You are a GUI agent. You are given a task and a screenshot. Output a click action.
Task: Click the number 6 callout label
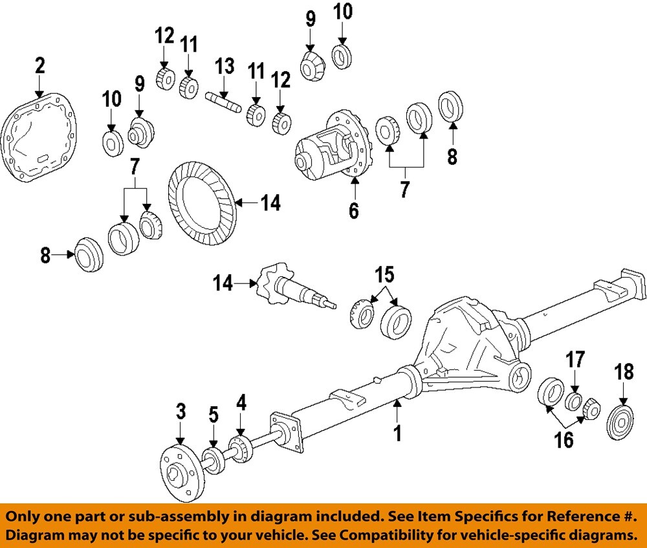tap(354, 210)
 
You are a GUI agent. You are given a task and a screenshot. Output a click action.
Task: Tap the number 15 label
tap(384, 274)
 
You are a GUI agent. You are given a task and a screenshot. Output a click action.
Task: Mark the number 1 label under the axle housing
tap(398, 432)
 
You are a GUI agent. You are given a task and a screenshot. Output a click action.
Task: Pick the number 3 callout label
tap(181, 411)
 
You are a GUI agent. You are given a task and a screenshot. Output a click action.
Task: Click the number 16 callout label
tap(564, 440)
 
